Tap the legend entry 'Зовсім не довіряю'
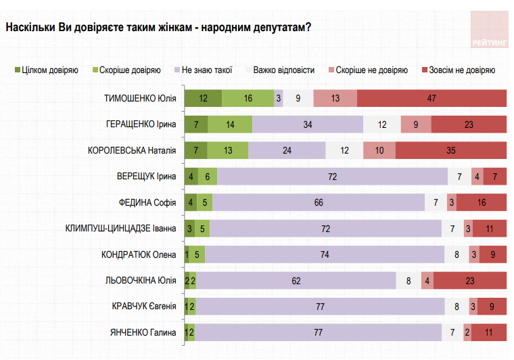tap(461, 70)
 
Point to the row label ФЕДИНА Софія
tap(147, 202)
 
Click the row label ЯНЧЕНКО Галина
tap(143, 332)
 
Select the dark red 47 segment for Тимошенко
tap(431, 98)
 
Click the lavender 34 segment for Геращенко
tap(308, 125)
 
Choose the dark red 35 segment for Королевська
tap(450, 150)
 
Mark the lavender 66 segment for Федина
tap(319, 202)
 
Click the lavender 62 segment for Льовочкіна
tap(296, 280)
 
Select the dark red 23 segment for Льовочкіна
tap(469, 280)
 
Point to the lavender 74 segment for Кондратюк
tap(325, 254)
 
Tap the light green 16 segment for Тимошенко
tap(248, 98)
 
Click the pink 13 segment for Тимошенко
tap(335, 98)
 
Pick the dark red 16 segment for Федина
tap(481, 202)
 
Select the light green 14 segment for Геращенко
tap(230, 125)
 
